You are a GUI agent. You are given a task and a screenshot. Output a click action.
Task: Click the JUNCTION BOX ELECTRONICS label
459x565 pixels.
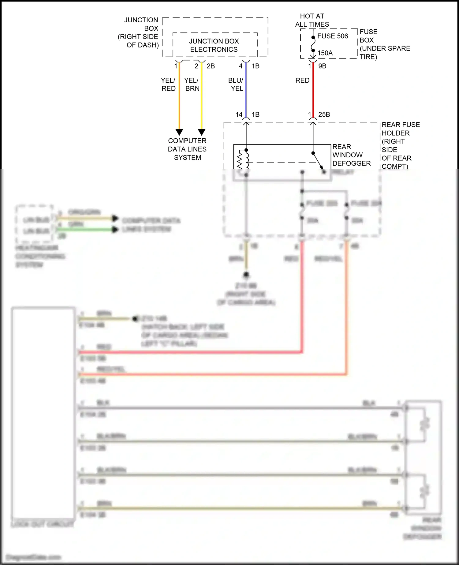coord(214,45)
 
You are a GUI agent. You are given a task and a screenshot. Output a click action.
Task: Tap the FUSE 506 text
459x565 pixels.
coord(332,36)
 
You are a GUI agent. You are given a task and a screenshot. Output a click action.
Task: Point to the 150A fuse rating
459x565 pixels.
coord(325,53)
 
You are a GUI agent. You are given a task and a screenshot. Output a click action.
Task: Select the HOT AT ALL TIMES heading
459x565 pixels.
coord(312,20)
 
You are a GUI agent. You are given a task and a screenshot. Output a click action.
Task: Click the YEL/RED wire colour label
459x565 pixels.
coord(168,84)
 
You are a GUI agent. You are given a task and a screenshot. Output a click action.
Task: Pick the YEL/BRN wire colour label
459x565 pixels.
coord(192,84)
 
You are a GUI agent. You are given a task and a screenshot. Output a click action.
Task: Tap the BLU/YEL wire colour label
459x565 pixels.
coord(236,84)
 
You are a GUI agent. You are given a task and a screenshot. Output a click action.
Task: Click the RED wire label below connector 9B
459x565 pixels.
coord(302,80)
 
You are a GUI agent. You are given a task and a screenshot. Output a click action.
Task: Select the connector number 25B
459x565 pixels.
coord(324,114)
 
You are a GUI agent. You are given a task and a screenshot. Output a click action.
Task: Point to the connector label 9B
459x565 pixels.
coord(322,66)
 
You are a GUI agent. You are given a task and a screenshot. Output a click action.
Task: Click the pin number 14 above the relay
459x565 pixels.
coord(239,114)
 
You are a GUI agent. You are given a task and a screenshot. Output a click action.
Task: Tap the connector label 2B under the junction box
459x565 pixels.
coord(211,66)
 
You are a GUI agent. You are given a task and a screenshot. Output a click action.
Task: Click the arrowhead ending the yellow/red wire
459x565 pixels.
coord(179,132)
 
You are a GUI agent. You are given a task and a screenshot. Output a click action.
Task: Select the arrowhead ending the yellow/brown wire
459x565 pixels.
coord(201,132)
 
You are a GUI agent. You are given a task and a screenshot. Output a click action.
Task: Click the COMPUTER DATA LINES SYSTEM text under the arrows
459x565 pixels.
coord(187,149)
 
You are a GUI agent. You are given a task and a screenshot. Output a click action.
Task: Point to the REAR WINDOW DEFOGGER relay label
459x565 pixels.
coord(351,155)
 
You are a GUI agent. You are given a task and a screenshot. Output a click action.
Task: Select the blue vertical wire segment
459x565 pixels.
coord(246,92)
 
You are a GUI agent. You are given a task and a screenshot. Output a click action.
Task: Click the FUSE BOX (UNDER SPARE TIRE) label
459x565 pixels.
coord(384,44)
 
